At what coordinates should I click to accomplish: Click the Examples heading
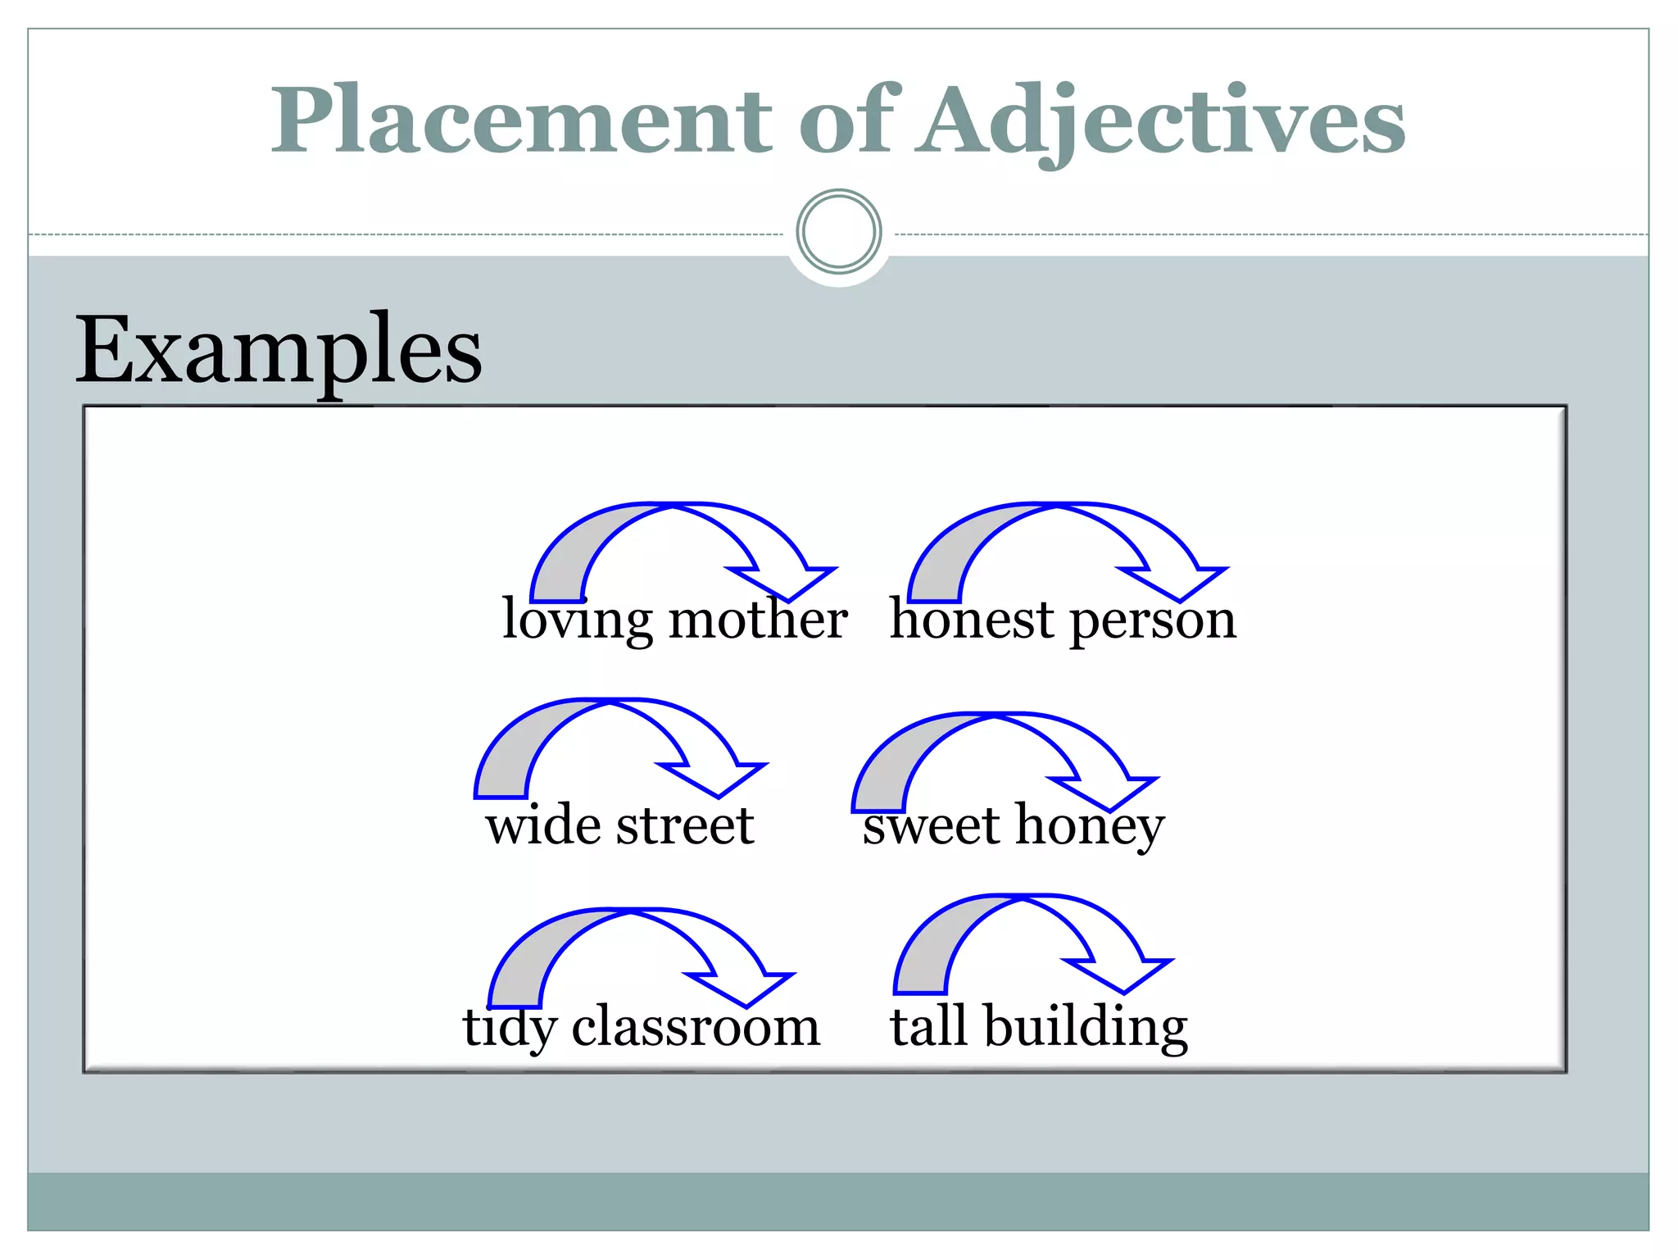tap(279, 351)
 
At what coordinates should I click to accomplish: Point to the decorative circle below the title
tap(838, 232)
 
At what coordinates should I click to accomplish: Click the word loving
tap(578, 620)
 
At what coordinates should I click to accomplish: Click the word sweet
tap(931, 826)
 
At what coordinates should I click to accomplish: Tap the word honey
tap(1090, 826)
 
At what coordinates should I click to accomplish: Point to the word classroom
tap(696, 1026)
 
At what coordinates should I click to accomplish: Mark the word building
tap(1086, 1028)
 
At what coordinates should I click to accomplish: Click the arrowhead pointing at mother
tap(783, 581)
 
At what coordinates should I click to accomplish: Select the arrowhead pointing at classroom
tap(741, 988)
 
